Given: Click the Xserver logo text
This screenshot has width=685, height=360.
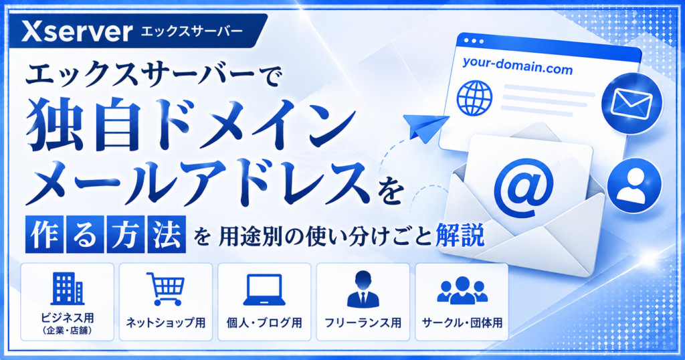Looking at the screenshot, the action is coord(77,31).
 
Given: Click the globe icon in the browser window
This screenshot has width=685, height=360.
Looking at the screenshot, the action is coord(474,97).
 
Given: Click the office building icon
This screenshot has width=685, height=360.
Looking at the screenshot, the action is coord(68,288).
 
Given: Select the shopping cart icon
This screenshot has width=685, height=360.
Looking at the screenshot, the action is coord(165,289).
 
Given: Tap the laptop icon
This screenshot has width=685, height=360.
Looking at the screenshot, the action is coord(264,289).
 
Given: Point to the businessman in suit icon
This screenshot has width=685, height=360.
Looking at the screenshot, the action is coord(363,289).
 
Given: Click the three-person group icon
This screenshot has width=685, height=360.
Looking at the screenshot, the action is coord(462,290).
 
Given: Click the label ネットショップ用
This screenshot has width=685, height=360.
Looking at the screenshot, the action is coord(166,323).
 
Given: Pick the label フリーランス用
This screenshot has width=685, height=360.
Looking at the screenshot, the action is coord(363,323).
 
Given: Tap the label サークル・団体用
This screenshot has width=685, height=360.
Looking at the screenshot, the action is coord(462,323).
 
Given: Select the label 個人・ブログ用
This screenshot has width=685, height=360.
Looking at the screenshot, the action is coord(264,323).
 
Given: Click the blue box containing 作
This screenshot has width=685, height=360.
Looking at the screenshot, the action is coord(45,234).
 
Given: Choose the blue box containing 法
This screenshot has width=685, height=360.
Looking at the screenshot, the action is coord(167,234).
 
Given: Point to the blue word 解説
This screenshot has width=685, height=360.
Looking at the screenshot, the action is coord(460,236).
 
